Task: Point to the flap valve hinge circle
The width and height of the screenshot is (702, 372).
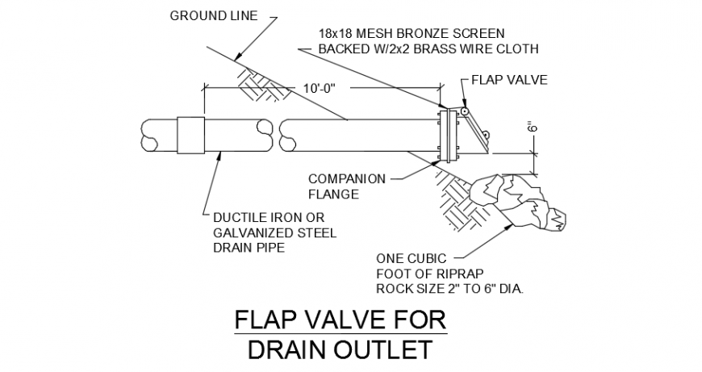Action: pos(466,110)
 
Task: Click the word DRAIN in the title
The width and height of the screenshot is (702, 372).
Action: pos(282,349)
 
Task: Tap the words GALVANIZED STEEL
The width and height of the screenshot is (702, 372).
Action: pos(274,233)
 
